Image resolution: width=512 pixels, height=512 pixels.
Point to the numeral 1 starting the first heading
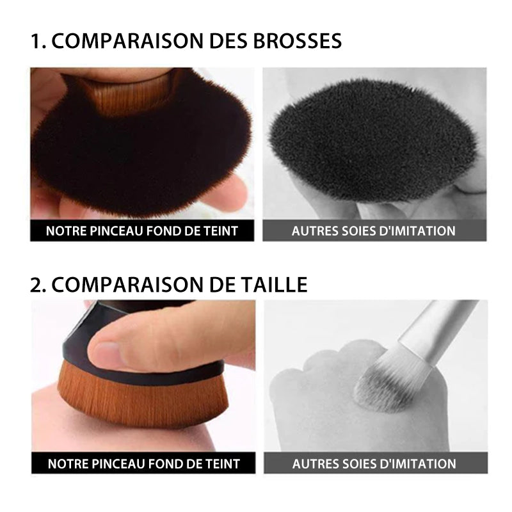click(36, 41)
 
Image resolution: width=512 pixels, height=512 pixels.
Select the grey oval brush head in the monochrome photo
click(371, 147)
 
